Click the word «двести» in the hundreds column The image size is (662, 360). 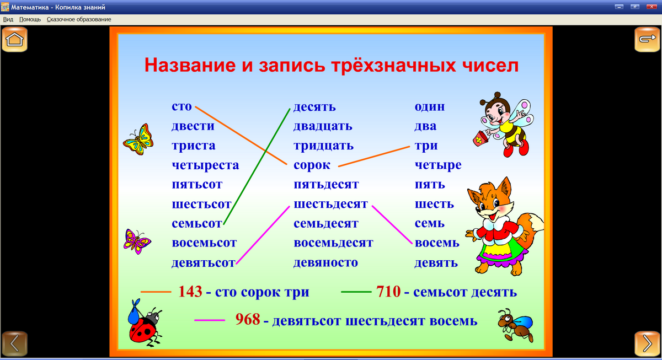[193, 126]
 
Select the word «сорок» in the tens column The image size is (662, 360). [312, 165]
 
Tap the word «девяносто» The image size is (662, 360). [325, 262]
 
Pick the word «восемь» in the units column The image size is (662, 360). [437, 243]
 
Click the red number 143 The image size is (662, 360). [190, 292]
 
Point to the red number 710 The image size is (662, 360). [388, 292]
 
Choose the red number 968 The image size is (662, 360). [247, 320]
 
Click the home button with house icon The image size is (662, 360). [15, 40]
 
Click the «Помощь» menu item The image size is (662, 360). [30, 19]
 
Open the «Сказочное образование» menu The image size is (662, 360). [79, 19]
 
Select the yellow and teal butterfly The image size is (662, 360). [137, 139]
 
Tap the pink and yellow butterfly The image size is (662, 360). [137, 241]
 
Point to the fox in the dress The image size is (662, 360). [501, 226]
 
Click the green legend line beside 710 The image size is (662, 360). [356, 292]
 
